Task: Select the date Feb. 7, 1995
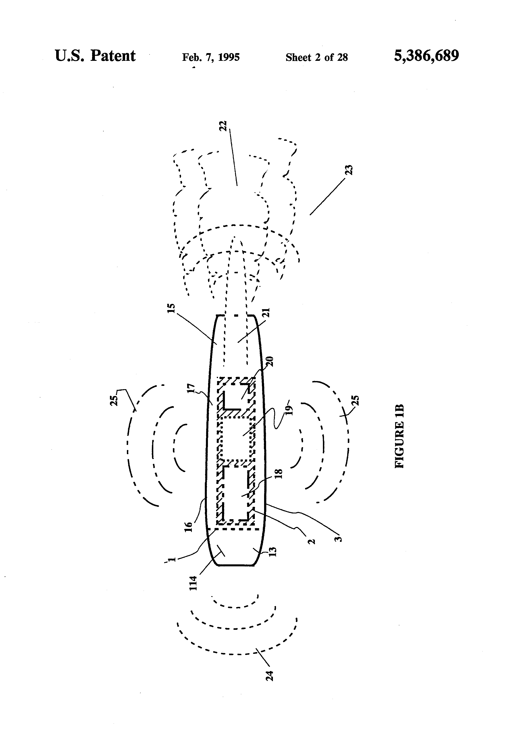coord(211,57)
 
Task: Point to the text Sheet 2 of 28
coord(317,57)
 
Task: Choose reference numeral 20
coord(270,361)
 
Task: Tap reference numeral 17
coord(191,389)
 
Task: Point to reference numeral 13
coord(273,552)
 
